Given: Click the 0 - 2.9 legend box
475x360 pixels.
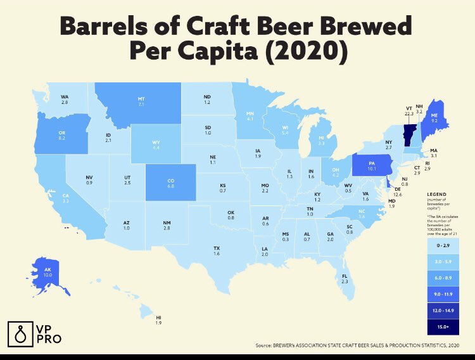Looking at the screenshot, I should [438, 243].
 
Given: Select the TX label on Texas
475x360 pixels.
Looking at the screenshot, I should [217, 247].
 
